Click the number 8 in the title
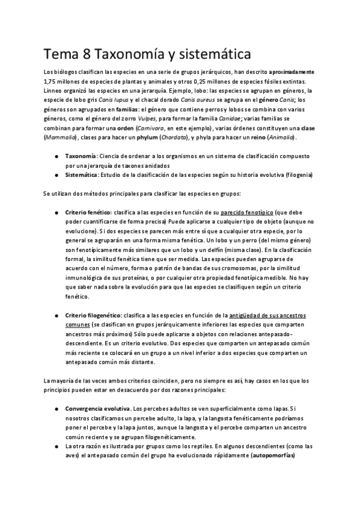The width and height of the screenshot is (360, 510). [x=85, y=55]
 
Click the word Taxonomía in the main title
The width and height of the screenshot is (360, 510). [x=127, y=55]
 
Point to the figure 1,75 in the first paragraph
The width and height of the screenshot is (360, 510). [x=51, y=82]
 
